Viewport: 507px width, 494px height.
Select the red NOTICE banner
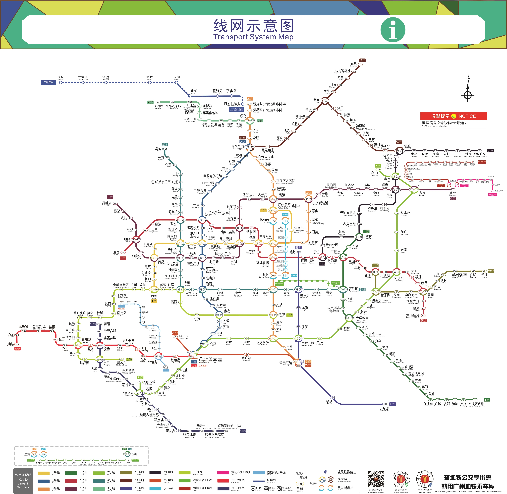coord(454,116)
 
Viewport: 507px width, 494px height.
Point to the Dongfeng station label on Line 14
coord(354,64)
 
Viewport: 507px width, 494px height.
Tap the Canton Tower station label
coord(264,275)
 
